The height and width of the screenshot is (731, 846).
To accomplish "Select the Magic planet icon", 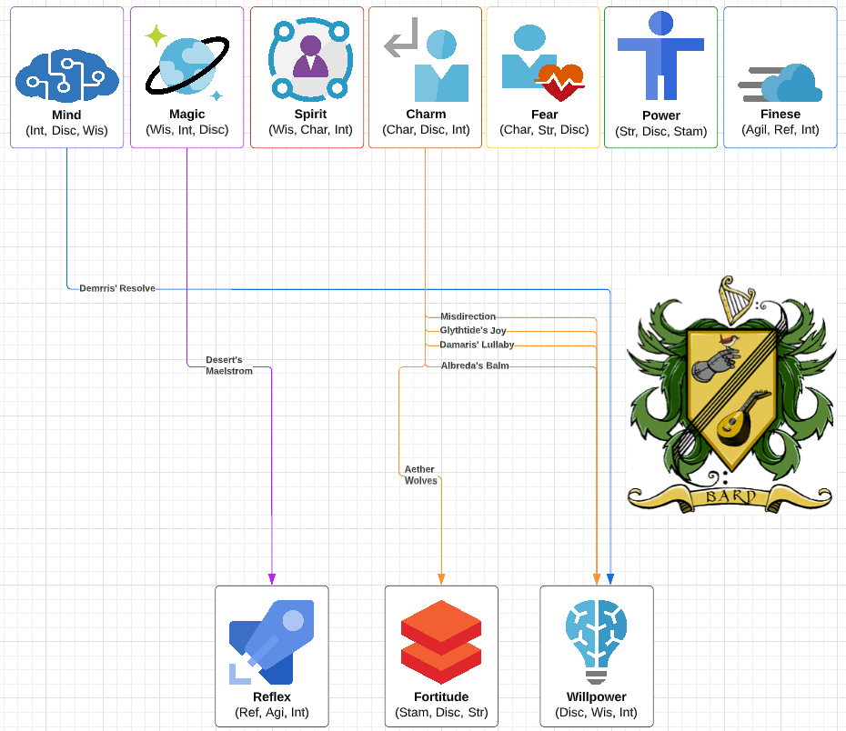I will pyautogui.click(x=187, y=64).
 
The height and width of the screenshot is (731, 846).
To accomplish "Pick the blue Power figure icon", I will pyautogui.click(x=660, y=55).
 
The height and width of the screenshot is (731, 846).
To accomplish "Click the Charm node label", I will pyautogui.click(x=426, y=115).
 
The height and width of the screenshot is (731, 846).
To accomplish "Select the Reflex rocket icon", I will pyautogui.click(x=271, y=642).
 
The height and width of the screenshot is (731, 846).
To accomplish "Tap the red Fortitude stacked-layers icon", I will pyautogui.click(x=441, y=642).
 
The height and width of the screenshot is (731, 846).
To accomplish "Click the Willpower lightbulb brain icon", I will pyautogui.click(x=597, y=642).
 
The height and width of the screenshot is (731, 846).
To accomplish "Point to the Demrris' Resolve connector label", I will pyautogui.click(x=117, y=288).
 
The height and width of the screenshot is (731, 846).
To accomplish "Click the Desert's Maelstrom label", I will pyautogui.click(x=229, y=365).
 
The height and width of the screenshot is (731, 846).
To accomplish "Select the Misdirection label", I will pyautogui.click(x=468, y=316).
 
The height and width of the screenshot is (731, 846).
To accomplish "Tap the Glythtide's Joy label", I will pyautogui.click(x=473, y=331).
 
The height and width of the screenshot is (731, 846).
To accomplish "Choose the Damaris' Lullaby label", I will pyautogui.click(x=477, y=345).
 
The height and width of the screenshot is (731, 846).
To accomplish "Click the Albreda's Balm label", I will pyautogui.click(x=474, y=365).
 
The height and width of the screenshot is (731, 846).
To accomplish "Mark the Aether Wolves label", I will pyautogui.click(x=420, y=475).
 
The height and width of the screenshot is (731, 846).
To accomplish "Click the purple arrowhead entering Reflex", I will pyautogui.click(x=272, y=579).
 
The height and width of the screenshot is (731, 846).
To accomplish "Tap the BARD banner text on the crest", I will pyautogui.click(x=730, y=496).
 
